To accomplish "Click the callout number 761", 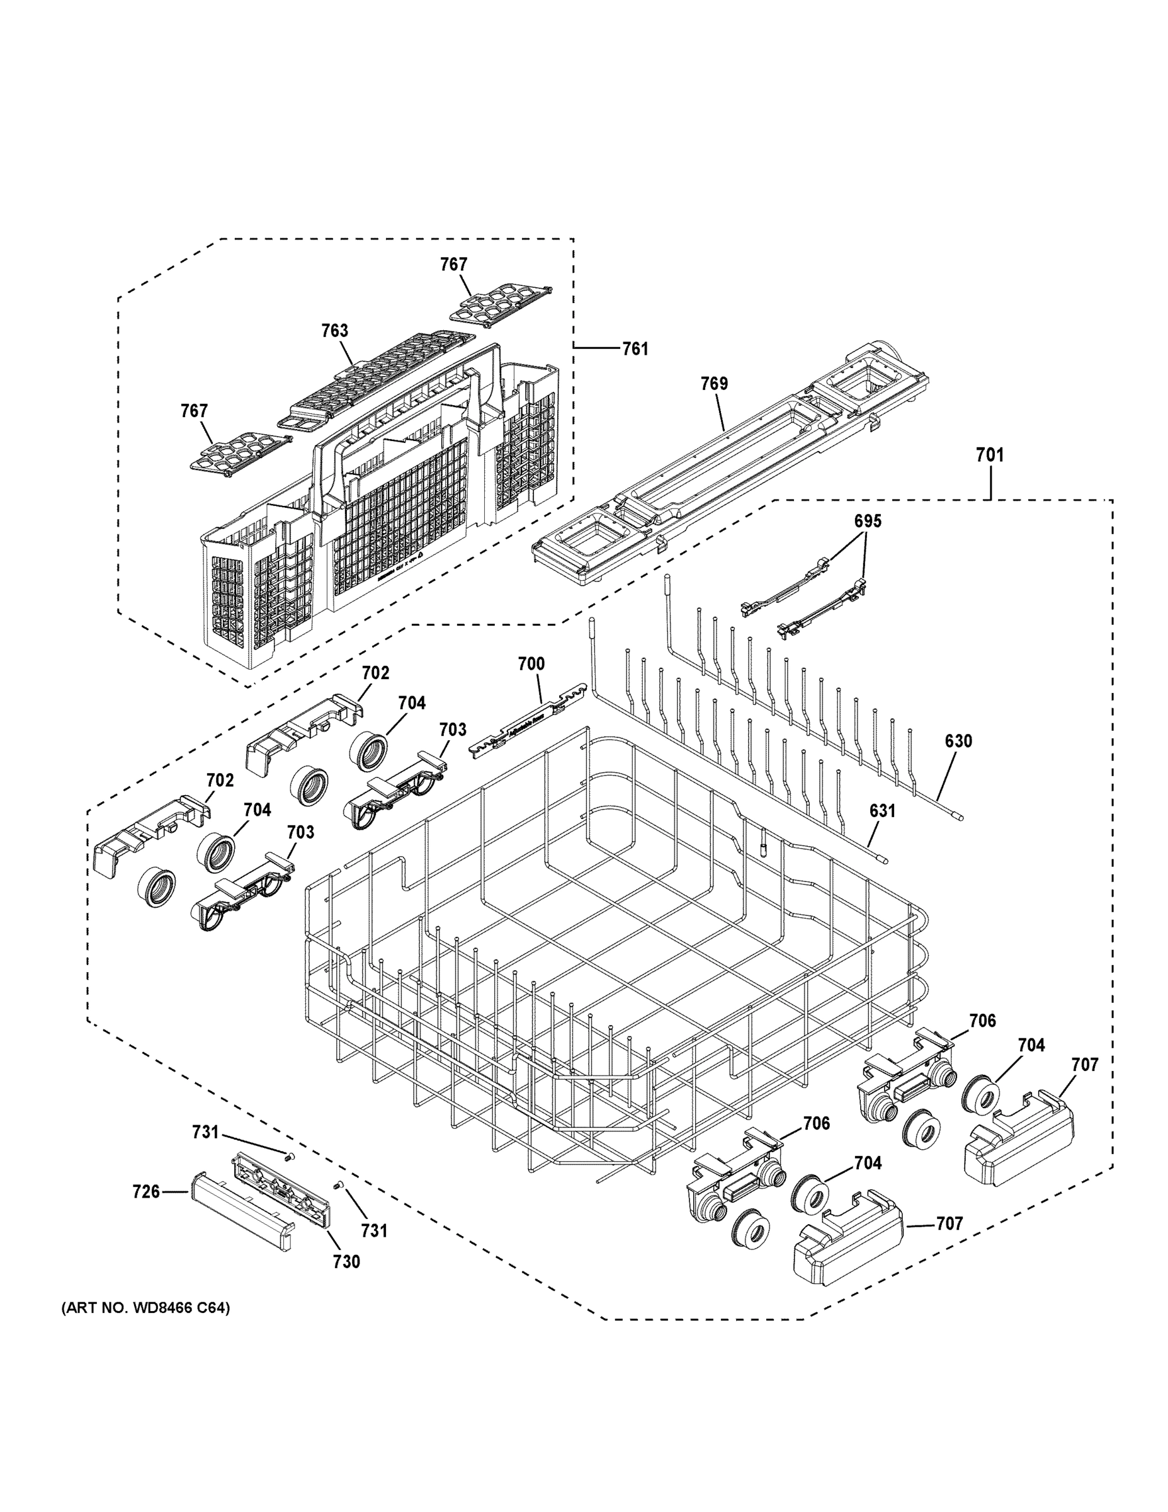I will [x=635, y=348].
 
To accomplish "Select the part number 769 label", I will [x=713, y=383].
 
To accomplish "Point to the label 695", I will [x=867, y=521].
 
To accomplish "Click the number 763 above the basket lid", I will [x=334, y=330].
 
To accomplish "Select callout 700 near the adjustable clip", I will [x=531, y=664].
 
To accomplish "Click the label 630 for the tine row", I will [x=958, y=741].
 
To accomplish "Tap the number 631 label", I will [x=882, y=810].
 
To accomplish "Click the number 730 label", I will [x=346, y=1261].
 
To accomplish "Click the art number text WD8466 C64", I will [x=145, y=1308].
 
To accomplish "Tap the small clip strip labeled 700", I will [x=526, y=723].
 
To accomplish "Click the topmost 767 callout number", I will [x=454, y=264].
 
